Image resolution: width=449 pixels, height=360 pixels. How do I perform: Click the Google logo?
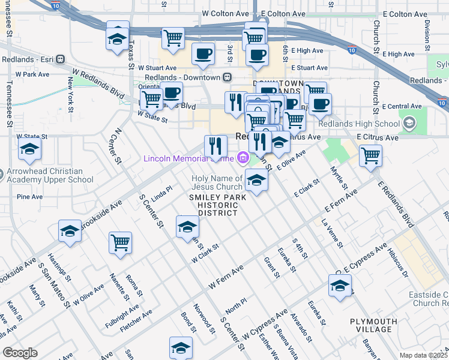pos(20,353)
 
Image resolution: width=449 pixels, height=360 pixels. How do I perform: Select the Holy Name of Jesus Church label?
pos(217,182)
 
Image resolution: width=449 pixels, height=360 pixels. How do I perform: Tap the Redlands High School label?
pos(363,124)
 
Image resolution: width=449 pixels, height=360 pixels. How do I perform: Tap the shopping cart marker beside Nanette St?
pos(120,243)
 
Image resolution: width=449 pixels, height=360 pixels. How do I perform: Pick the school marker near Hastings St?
pos(70,231)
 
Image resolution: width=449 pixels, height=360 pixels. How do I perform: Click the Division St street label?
pos(427,32)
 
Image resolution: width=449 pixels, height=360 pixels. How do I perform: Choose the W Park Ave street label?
pos(32,74)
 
